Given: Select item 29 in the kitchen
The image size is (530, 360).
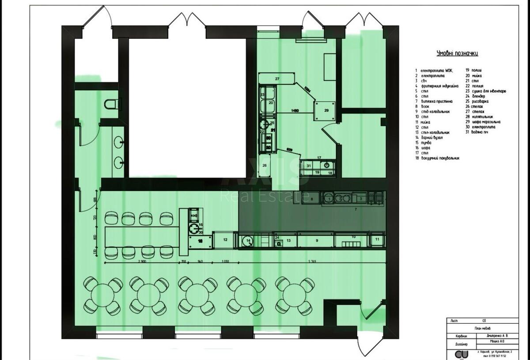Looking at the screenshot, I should coord(326,110).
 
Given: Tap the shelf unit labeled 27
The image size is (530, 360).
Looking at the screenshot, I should coord(277,78).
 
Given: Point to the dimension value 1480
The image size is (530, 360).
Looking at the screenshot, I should coord(297,111).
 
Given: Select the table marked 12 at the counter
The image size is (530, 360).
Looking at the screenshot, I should coord(225,240).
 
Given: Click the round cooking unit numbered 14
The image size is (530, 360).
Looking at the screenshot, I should coord(248,241).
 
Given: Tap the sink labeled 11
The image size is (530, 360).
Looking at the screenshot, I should coord(377,240).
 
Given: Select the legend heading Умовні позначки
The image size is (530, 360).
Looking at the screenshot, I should coord(457,53).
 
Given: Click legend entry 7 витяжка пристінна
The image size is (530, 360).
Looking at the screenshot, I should coord(439,102).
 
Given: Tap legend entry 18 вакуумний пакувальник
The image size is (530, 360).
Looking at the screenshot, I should coord(440,158).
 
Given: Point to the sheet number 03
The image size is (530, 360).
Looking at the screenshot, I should coord(484,321).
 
